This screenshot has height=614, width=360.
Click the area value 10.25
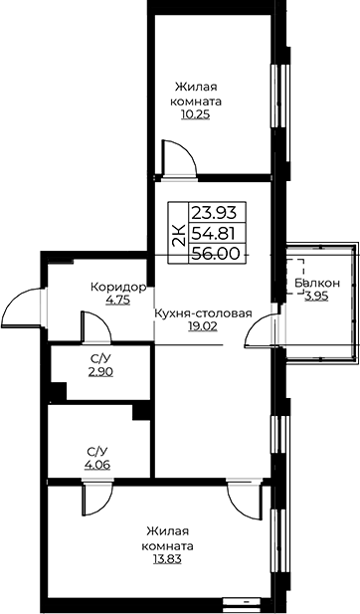195,114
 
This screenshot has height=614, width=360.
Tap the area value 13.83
167,559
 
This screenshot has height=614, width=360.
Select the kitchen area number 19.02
203,327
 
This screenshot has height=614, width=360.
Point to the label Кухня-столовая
203,313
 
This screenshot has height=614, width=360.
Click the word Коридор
118,288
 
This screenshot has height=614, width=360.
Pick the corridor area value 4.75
117,302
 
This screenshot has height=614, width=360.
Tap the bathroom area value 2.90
101,371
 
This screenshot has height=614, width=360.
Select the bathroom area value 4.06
97,465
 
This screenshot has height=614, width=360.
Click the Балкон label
317,283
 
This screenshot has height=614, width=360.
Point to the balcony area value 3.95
316,297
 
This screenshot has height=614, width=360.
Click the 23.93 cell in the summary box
214,213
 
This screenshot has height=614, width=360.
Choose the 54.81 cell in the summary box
213,234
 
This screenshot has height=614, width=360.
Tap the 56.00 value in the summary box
215,254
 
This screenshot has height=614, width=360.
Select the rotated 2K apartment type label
179,235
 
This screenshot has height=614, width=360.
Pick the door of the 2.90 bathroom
95,325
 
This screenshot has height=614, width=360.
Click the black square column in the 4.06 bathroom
141,412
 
